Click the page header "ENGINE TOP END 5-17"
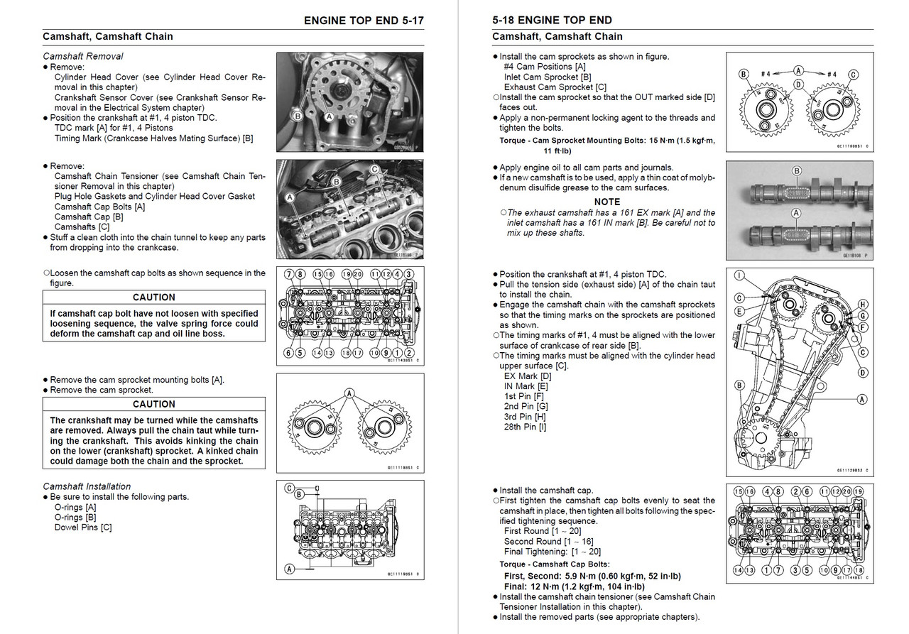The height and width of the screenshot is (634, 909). pos(363,20)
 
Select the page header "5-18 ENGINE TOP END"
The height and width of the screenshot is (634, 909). pos(552,20)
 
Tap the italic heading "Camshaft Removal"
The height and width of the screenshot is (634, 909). pos(83,56)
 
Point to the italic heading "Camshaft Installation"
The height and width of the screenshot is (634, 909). pos(87,486)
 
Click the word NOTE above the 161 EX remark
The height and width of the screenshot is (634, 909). pos(606,202)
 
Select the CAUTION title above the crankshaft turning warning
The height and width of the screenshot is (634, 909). pos(154,404)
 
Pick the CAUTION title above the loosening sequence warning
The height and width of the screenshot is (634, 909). pos(154,297)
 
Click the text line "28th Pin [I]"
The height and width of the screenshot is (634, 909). pos(525,427)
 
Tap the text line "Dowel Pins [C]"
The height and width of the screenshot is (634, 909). pos(83,527)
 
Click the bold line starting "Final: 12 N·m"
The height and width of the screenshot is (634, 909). pos(574,586)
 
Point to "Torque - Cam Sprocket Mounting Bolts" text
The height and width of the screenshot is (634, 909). pos(574,141)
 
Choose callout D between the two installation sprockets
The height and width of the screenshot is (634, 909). pos(799,84)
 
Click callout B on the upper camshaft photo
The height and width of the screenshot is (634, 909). pos(796,171)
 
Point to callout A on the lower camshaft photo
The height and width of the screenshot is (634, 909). pos(796,212)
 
